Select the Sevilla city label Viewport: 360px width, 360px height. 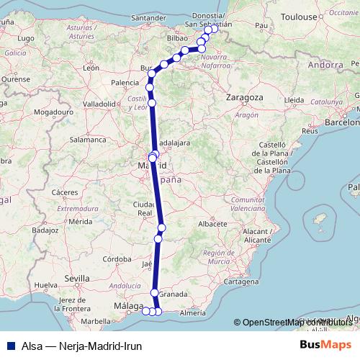pos(77,277)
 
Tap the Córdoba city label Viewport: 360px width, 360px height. pos(117,258)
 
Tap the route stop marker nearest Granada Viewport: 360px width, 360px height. pos(155,292)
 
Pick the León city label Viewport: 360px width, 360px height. pos(91,68)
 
